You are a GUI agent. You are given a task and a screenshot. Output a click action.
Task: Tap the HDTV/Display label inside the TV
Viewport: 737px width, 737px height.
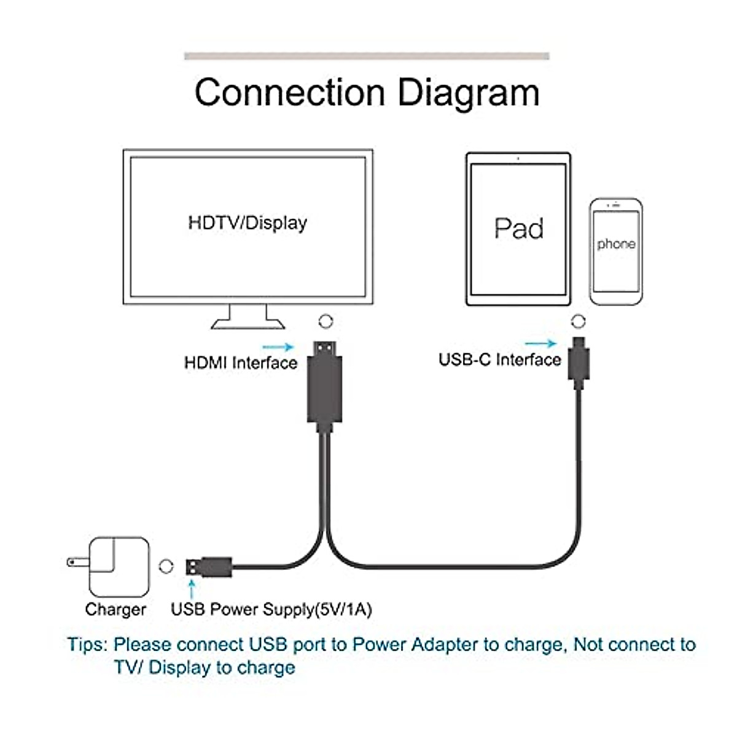point(248,222)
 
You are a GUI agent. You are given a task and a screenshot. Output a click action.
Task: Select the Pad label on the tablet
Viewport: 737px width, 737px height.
point(519,228)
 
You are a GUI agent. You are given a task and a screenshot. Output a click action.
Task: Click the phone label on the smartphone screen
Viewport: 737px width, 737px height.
point(616,244)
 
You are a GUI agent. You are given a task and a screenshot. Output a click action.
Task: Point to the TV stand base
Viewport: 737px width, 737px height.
point(248,323)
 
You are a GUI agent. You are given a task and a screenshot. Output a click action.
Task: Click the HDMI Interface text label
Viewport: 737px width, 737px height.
point(240,363)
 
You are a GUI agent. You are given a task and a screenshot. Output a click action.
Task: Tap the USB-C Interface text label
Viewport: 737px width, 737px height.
point(499,359)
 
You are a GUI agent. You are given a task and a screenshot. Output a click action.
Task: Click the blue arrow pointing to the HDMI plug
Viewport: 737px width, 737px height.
point(278,347)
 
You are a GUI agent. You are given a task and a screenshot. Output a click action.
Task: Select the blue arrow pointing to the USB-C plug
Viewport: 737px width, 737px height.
point(540,344)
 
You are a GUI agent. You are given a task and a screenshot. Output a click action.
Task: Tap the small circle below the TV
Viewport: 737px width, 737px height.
point(326,321)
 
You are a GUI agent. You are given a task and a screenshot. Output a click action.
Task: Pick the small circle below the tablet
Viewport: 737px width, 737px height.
point(578,321)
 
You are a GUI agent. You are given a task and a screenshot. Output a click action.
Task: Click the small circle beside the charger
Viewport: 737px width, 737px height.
point(166,566)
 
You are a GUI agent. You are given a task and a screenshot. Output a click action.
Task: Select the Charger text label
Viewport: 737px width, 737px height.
point(115,609)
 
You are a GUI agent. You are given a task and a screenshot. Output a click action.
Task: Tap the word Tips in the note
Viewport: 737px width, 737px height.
point(87,645)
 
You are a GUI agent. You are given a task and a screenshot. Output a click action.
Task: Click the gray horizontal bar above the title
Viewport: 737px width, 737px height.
point(367,56)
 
